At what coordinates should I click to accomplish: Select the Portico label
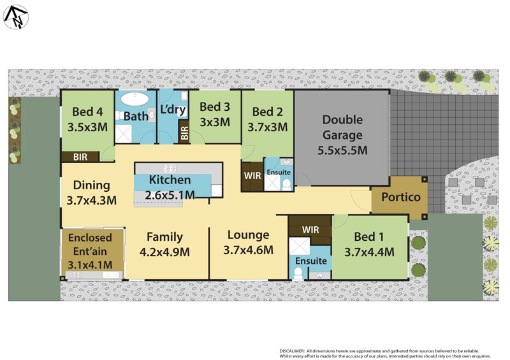pyautogui.click(x=400, y=197)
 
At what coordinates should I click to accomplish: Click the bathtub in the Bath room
pyautogui.click(x=134, y=100)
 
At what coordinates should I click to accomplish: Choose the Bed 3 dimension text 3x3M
pyautogui.click(x=214, y=122)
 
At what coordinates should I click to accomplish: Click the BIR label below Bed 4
pyautogui.click(x=80, y=156)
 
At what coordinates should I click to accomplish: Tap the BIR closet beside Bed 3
pyautogui.click(x=184, y=133)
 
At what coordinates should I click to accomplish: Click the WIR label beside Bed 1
pyautogui.click(x=310, y=229)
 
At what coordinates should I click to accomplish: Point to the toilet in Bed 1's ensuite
pyautogui.click(x=298, y=273)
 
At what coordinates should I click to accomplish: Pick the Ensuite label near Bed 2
pyautogui.click(x=279, y=173)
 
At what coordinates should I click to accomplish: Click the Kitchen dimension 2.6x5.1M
pyautogui.click(x=170, y=195)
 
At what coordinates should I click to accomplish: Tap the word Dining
pyautogui.click(x=92, y=185)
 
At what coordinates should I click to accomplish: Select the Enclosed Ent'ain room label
pyautogui.click(x=90, y=244)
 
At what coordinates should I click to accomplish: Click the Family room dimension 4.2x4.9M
pyautogui.click(x=164, y=252)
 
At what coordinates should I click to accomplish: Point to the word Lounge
pyautogui.click(x=248, y=234)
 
